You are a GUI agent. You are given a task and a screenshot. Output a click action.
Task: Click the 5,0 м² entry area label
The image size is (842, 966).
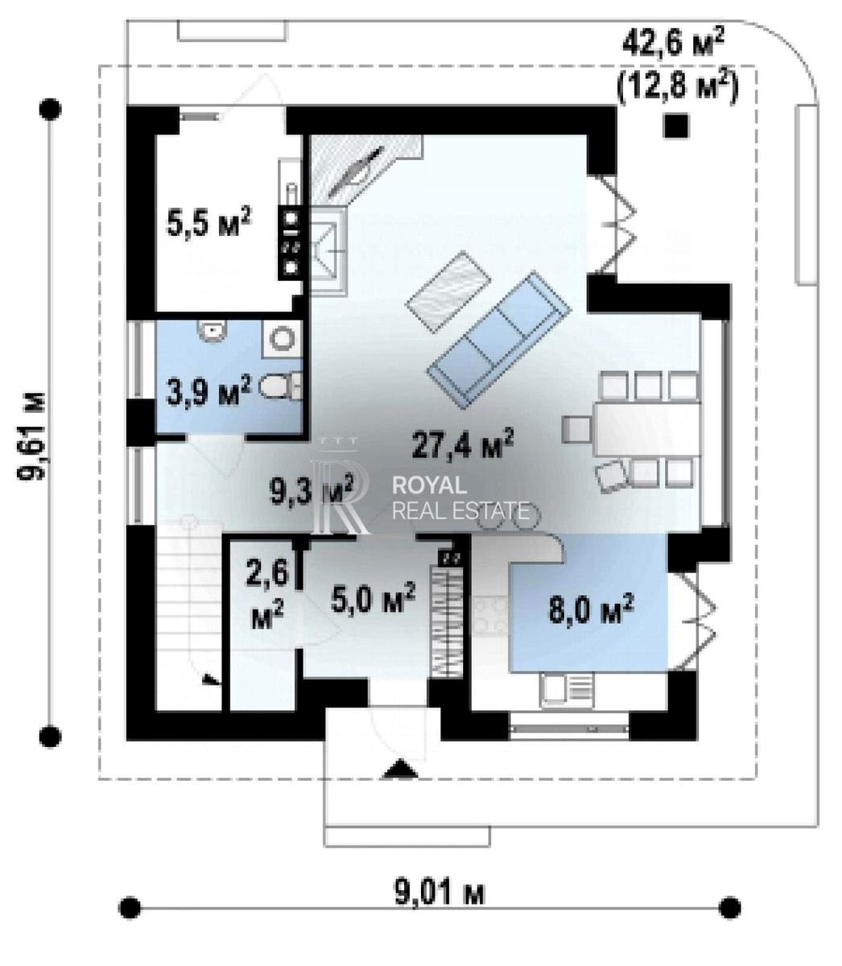[x=373, y=598]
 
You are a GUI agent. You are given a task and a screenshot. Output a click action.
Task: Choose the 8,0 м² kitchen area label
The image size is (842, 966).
[x=590, y=609]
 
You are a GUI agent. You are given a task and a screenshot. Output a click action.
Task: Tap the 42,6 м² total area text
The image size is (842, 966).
[x=673, y=42]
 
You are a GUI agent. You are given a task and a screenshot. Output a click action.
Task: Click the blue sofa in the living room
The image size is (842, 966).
[x=499, y=340]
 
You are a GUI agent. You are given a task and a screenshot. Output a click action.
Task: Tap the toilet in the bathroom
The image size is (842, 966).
[x=280, y=386]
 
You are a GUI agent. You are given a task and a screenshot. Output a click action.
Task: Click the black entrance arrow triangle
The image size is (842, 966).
[x=400, y=769]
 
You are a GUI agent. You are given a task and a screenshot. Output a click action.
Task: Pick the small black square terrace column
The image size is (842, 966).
[x=676, y=126]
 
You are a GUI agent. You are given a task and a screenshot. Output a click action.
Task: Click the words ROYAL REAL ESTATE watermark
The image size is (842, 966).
[x=460, y=497]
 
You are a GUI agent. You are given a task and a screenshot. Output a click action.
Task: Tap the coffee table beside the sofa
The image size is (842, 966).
[x=448, y=291]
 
